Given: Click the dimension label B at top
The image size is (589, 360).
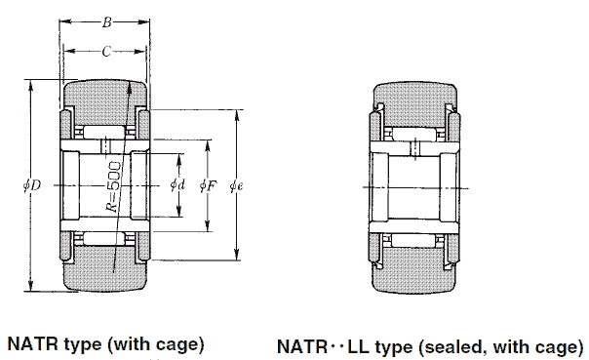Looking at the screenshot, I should pos(106,20).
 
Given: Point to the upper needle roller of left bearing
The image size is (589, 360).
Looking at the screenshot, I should pos(105,132).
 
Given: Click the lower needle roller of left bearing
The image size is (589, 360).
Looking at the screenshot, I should pos(105,238).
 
